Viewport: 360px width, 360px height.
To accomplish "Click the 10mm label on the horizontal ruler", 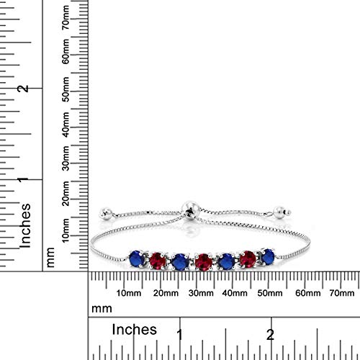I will [x=127, y=292].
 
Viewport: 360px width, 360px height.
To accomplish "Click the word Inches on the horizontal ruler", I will [x=135, y=330].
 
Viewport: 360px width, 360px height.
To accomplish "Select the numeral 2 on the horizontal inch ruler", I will [x=269, y=335].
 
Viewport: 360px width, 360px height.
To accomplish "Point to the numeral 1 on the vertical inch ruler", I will [x=24, y=180].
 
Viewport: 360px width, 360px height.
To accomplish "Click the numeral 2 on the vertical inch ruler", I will [x=24, y=88].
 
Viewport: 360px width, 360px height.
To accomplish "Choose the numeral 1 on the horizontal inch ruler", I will [x=179, y=335].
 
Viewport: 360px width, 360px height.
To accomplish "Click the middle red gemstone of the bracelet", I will [x=203, y=258].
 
